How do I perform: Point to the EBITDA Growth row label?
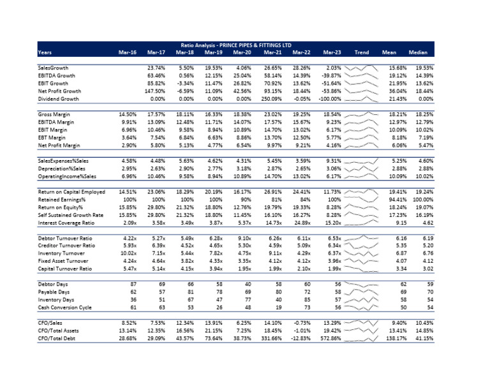pos(56,75)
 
